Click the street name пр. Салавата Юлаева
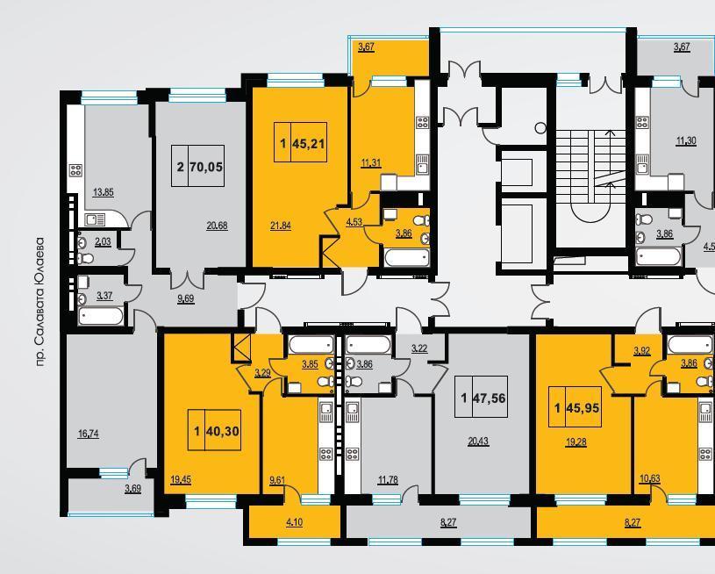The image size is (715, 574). coord(41,302)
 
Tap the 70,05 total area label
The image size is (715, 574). coord(206,167)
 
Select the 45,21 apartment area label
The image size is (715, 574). coord(309,144)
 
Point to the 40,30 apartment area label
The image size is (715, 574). coord(223,431)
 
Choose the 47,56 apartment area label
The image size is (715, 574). coord(490,398)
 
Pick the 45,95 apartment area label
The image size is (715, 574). coord(583,407)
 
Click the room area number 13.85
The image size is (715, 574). coord(103,192)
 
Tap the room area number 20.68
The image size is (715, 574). coord(217,225)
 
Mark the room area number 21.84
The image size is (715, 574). coord(281,225)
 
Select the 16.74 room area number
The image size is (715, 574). coord(89,434)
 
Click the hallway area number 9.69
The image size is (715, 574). coord(186,299)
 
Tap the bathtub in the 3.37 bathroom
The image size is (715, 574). coord(100,316)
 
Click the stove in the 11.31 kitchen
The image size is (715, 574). coord(422,122)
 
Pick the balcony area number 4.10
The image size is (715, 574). coord(294,521)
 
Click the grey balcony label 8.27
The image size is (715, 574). coord(448,522)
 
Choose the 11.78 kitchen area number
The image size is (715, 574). coord(388,479)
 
